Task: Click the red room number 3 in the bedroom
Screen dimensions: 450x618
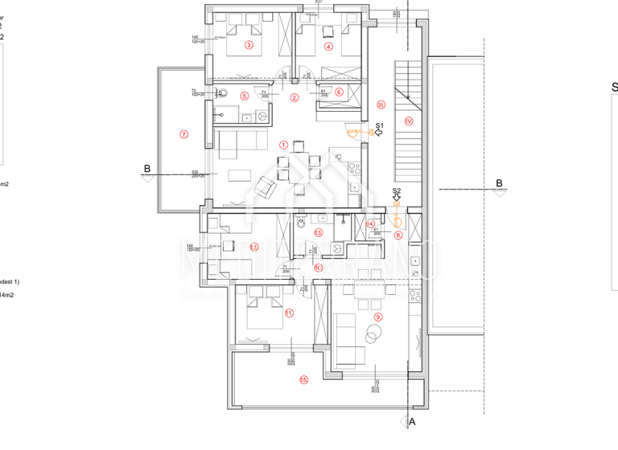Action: point(249,46)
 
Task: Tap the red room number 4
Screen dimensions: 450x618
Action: point(328,46)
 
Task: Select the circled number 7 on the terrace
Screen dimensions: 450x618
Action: point(183,134)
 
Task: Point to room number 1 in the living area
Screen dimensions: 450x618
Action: point(282,145)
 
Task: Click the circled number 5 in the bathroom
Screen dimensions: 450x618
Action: point(245,96)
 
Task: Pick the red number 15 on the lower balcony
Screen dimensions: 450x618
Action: point(303,379)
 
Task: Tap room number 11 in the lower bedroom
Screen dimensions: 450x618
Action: point(289,313)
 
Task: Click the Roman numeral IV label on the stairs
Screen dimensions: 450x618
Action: point(409,121)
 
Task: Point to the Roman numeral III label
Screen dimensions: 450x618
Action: point(381,104)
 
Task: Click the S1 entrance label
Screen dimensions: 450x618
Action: point(380,126)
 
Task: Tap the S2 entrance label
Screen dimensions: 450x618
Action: point(396,191)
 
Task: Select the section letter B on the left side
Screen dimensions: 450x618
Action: point(146,169)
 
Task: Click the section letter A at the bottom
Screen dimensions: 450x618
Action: point(413,420)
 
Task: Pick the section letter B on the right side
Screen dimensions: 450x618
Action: point(499,183)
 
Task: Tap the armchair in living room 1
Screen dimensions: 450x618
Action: point(265,190)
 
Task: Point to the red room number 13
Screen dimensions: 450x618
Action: point(319,233)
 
